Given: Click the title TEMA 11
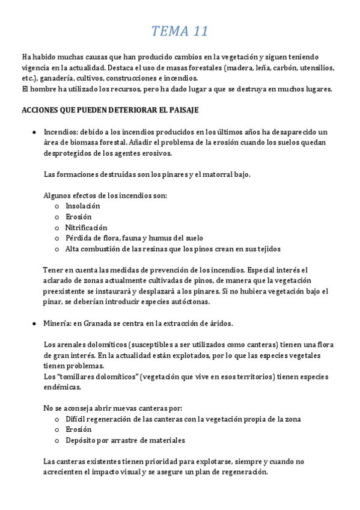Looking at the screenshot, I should [x=180, y=31].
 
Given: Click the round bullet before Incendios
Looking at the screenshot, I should [x=35, y=132].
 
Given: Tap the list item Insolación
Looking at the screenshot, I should [x=83, y=206].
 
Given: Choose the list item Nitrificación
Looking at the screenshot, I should [x=86, y=227].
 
